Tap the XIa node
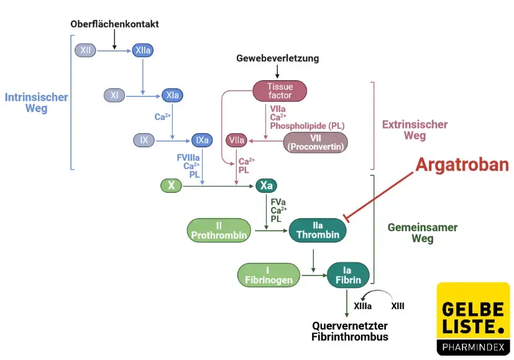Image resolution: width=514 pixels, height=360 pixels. (172, 95)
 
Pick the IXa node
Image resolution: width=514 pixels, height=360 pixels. (202, 140)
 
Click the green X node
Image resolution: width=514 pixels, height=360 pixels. (170, 185)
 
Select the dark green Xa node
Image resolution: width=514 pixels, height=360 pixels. (266, 185)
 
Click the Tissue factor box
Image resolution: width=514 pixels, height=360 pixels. (280, 91)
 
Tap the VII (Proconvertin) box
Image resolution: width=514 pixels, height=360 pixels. (315, 142)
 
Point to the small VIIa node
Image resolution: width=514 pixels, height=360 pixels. (236, 141)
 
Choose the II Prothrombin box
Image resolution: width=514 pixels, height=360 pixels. (219, 230)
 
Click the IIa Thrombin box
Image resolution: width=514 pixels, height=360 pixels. (318, 230)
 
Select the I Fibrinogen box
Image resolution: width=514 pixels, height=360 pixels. (267, 275)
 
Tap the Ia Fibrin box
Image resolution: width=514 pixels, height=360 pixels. (348, 275)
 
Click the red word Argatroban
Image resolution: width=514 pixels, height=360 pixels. (462, 165)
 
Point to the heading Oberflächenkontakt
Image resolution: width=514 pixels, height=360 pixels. (114, 24)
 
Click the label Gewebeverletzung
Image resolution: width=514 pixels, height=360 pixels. (277, 58)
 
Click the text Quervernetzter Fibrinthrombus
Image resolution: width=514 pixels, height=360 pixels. (349, 331)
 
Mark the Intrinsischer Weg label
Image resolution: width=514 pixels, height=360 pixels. (36, 103)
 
